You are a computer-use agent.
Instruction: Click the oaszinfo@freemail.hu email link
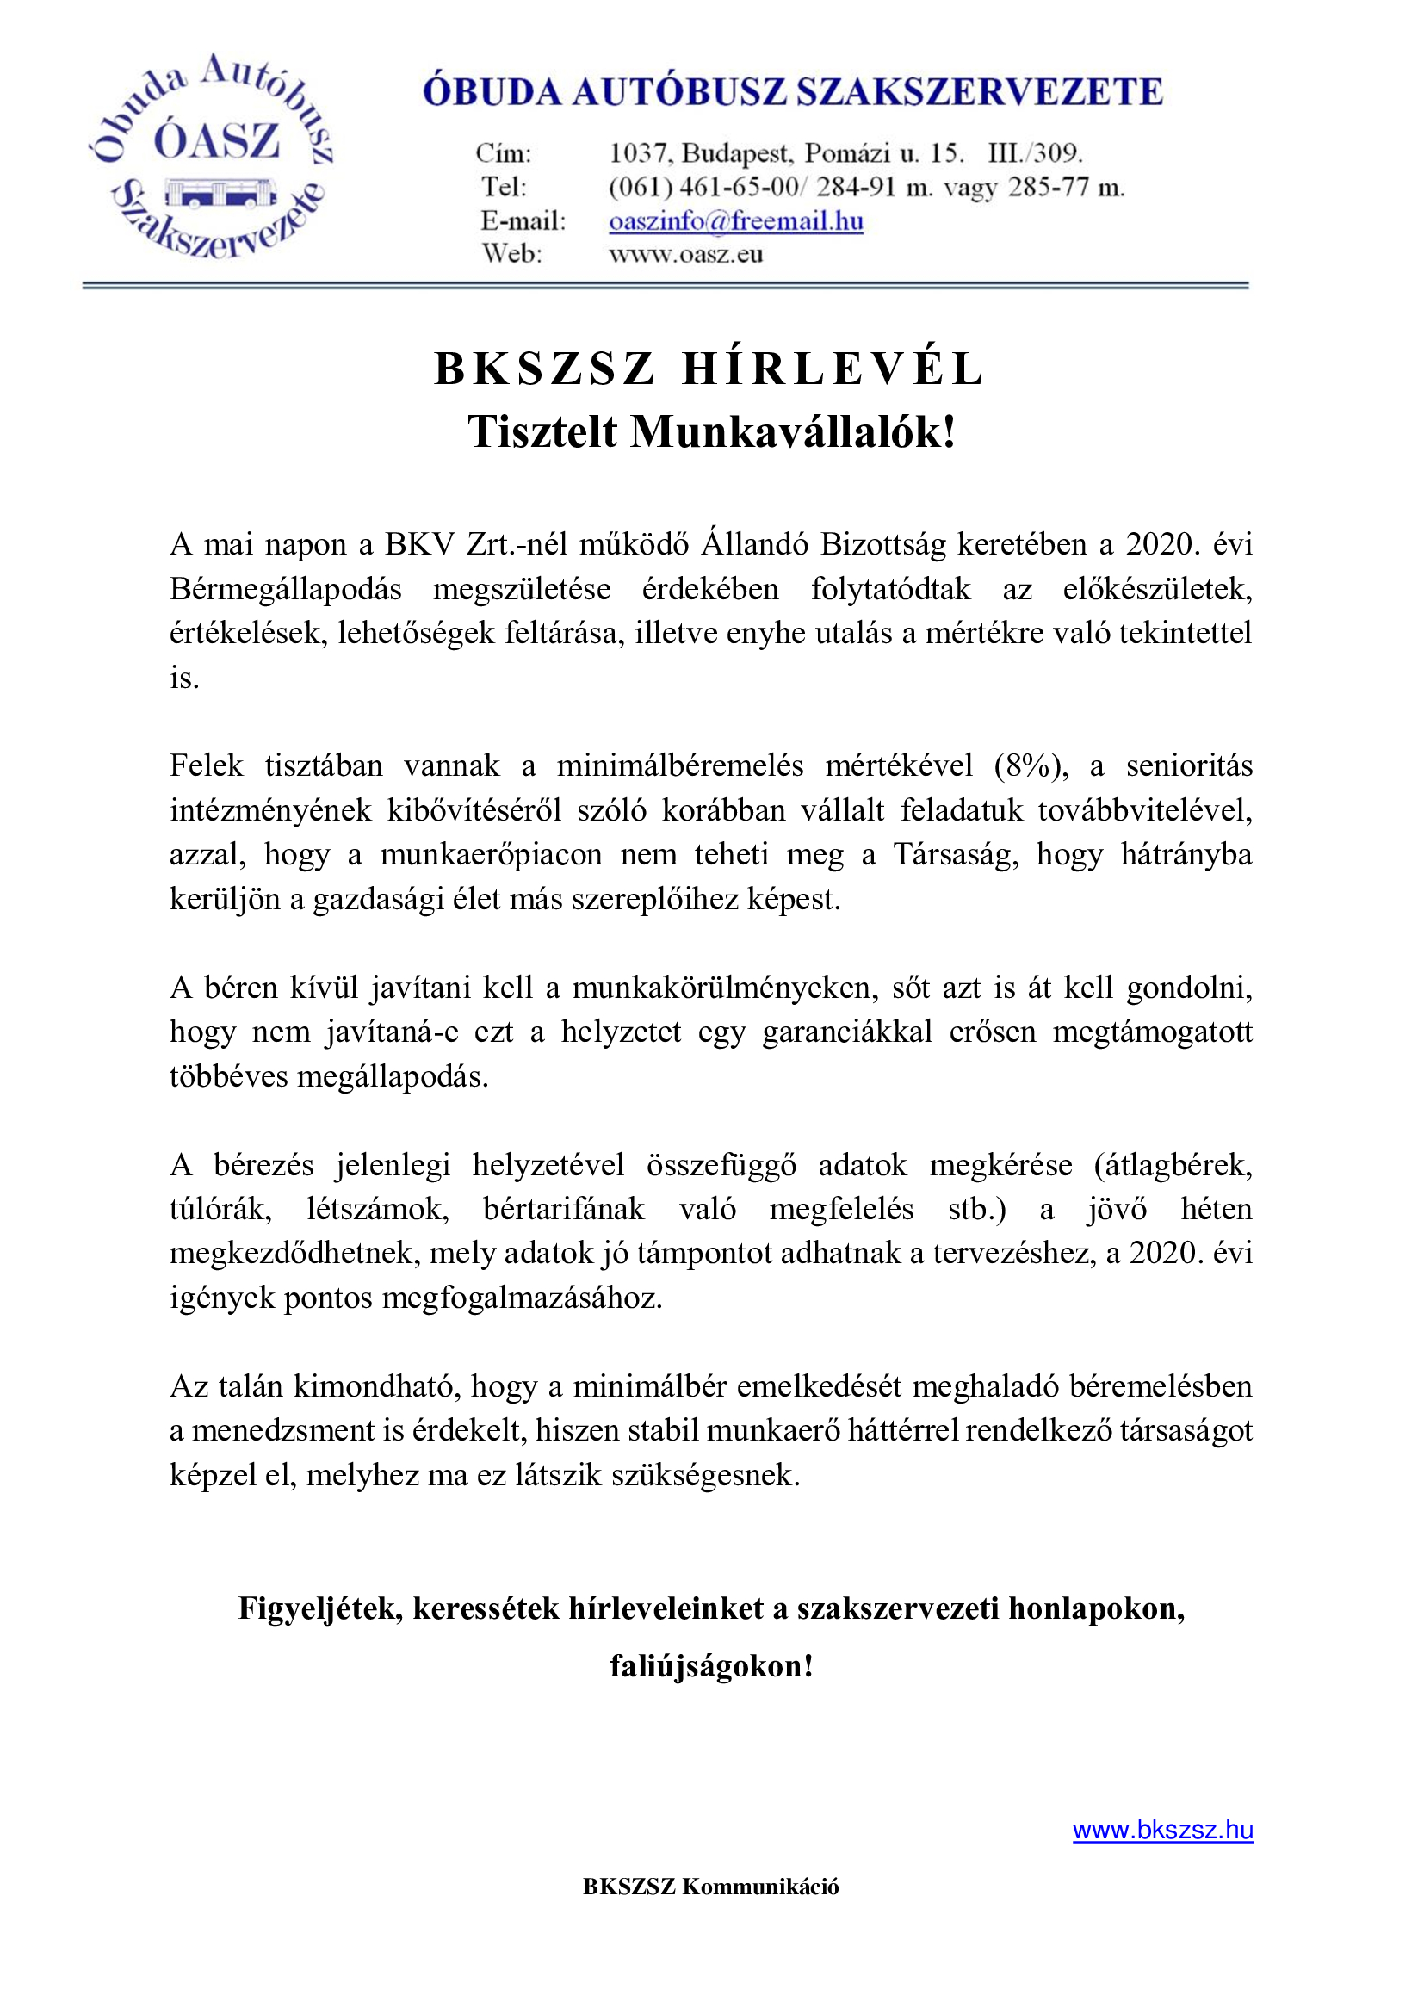(735, 221)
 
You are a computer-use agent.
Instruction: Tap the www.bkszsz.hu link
(1162, 1830)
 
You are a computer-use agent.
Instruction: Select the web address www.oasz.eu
(685, 254)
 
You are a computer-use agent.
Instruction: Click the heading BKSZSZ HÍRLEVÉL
(711, 369)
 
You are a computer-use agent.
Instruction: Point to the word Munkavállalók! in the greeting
(793, 431)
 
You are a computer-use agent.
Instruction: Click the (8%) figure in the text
(1031, 765)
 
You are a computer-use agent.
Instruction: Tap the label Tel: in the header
(505, 187)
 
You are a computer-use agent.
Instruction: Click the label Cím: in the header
(505, 153)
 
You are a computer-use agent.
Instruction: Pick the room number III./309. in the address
(1035, 153)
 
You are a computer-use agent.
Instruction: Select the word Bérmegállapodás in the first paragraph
(286, 589)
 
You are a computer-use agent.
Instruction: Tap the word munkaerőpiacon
(491, 854)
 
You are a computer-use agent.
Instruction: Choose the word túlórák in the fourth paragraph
(220, 1210)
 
